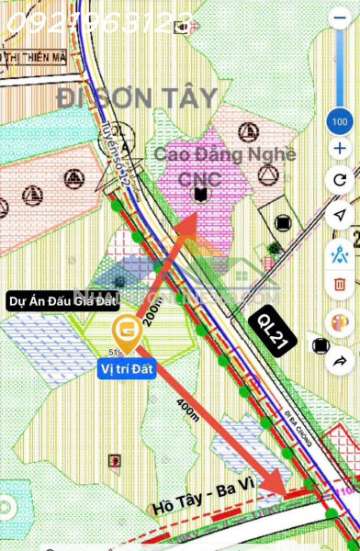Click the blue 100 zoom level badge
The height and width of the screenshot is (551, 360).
(341, 121)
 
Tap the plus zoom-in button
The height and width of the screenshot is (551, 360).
(341, 148)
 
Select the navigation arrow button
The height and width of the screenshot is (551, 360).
(341, 214)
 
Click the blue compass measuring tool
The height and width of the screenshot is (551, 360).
(341, 249)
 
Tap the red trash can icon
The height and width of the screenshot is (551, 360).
(341, 284)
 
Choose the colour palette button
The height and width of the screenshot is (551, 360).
(341, 323)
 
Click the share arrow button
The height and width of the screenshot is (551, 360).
(341, 359)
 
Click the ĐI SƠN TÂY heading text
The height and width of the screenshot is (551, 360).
(138, 98)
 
